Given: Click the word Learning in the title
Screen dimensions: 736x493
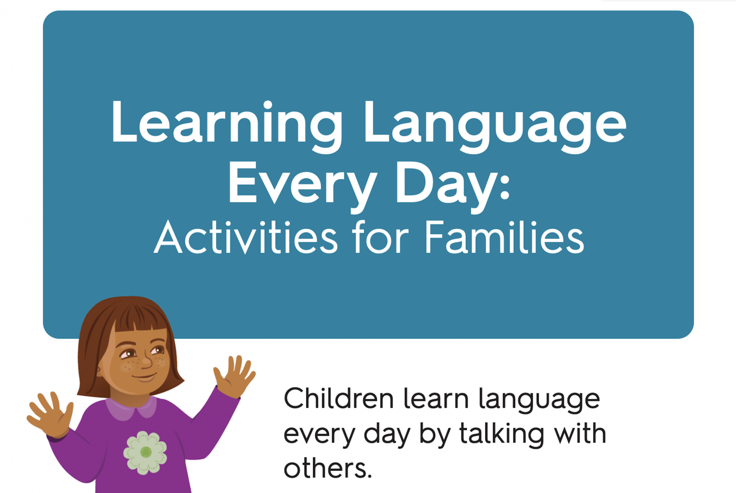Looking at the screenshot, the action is tap(227, 126).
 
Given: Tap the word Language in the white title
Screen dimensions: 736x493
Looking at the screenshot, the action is tap(495, 126).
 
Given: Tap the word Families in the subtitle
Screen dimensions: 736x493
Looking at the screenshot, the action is tap(504, 236).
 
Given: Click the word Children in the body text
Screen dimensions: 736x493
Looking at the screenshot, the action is tap(339, 399).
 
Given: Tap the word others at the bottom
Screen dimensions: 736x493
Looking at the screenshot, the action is tap(328, 468).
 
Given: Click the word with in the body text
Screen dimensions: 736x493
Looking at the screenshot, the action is tap(579, 433).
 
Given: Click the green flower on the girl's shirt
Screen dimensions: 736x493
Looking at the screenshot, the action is tap(145, 452).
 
